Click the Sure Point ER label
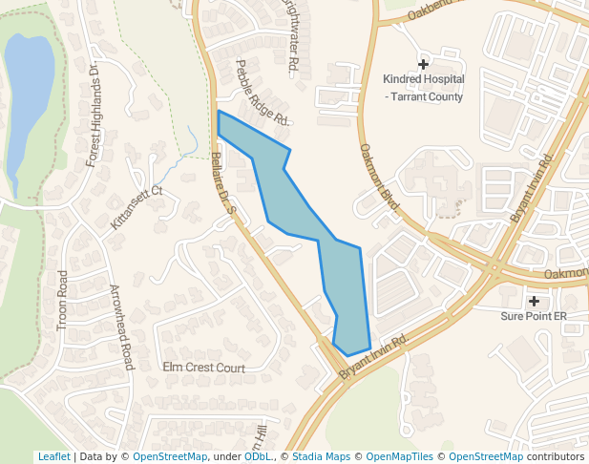click(x=534, y=315)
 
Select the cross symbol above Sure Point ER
click(x=534, y=301)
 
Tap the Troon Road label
click(x=63, y=301)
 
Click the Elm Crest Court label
click(x=203, y=368)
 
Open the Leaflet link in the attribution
click(x=53, y=456)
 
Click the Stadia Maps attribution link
click(x=321, y=456)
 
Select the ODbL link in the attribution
click(x=258, y=456)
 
